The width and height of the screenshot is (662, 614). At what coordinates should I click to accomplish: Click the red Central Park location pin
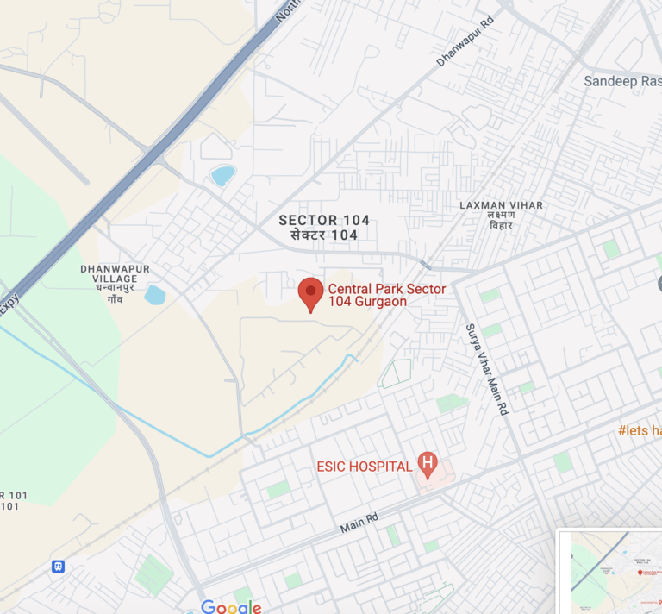point(310,293)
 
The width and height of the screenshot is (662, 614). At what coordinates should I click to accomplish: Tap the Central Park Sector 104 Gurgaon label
point(386,295)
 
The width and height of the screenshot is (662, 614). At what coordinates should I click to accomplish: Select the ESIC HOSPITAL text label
point(364,467)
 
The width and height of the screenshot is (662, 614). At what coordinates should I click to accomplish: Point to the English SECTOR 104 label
point(324,220)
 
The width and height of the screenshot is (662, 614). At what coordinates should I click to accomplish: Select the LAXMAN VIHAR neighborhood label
point(501,205)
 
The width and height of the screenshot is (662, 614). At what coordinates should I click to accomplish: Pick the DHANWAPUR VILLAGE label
point(115,273)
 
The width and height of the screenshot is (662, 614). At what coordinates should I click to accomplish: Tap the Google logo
point(231,607)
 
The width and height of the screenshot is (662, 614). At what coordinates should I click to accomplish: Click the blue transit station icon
point(58,567)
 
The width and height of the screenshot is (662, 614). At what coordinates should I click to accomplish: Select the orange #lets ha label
point(640,429)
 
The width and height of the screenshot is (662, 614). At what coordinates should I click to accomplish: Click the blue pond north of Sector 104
point(223,175)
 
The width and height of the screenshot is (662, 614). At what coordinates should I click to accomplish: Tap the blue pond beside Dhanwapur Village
point(155,295)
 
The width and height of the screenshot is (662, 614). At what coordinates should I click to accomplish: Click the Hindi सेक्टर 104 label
point(324,235)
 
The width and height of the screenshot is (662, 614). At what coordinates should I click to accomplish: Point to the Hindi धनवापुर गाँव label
point(115,292)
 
